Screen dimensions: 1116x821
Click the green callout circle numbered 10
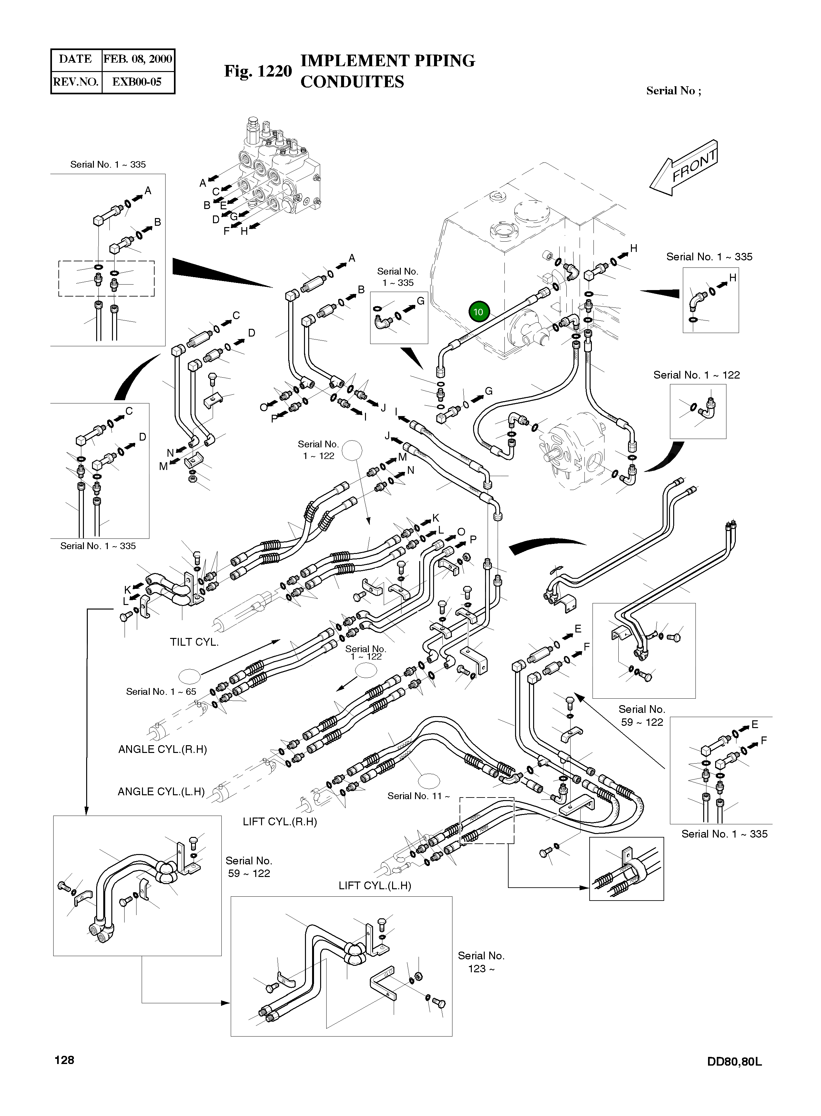[x=478, y=312]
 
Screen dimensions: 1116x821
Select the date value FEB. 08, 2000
[x=138, y=59]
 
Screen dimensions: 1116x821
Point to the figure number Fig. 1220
[x=258, y=71]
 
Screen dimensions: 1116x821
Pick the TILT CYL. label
[x=194, y=642]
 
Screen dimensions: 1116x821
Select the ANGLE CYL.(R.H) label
[x=163, y=749]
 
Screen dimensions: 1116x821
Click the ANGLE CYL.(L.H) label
[x=161, y=792]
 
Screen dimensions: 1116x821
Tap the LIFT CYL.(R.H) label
[x=280, y=822]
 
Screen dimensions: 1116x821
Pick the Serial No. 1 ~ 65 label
[x=161, y=692]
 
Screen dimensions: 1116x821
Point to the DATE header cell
[x=76, y=59]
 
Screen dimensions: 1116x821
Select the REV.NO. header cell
[x=76, y=82]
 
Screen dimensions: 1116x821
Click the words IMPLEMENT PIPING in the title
[x=388, y=61]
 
